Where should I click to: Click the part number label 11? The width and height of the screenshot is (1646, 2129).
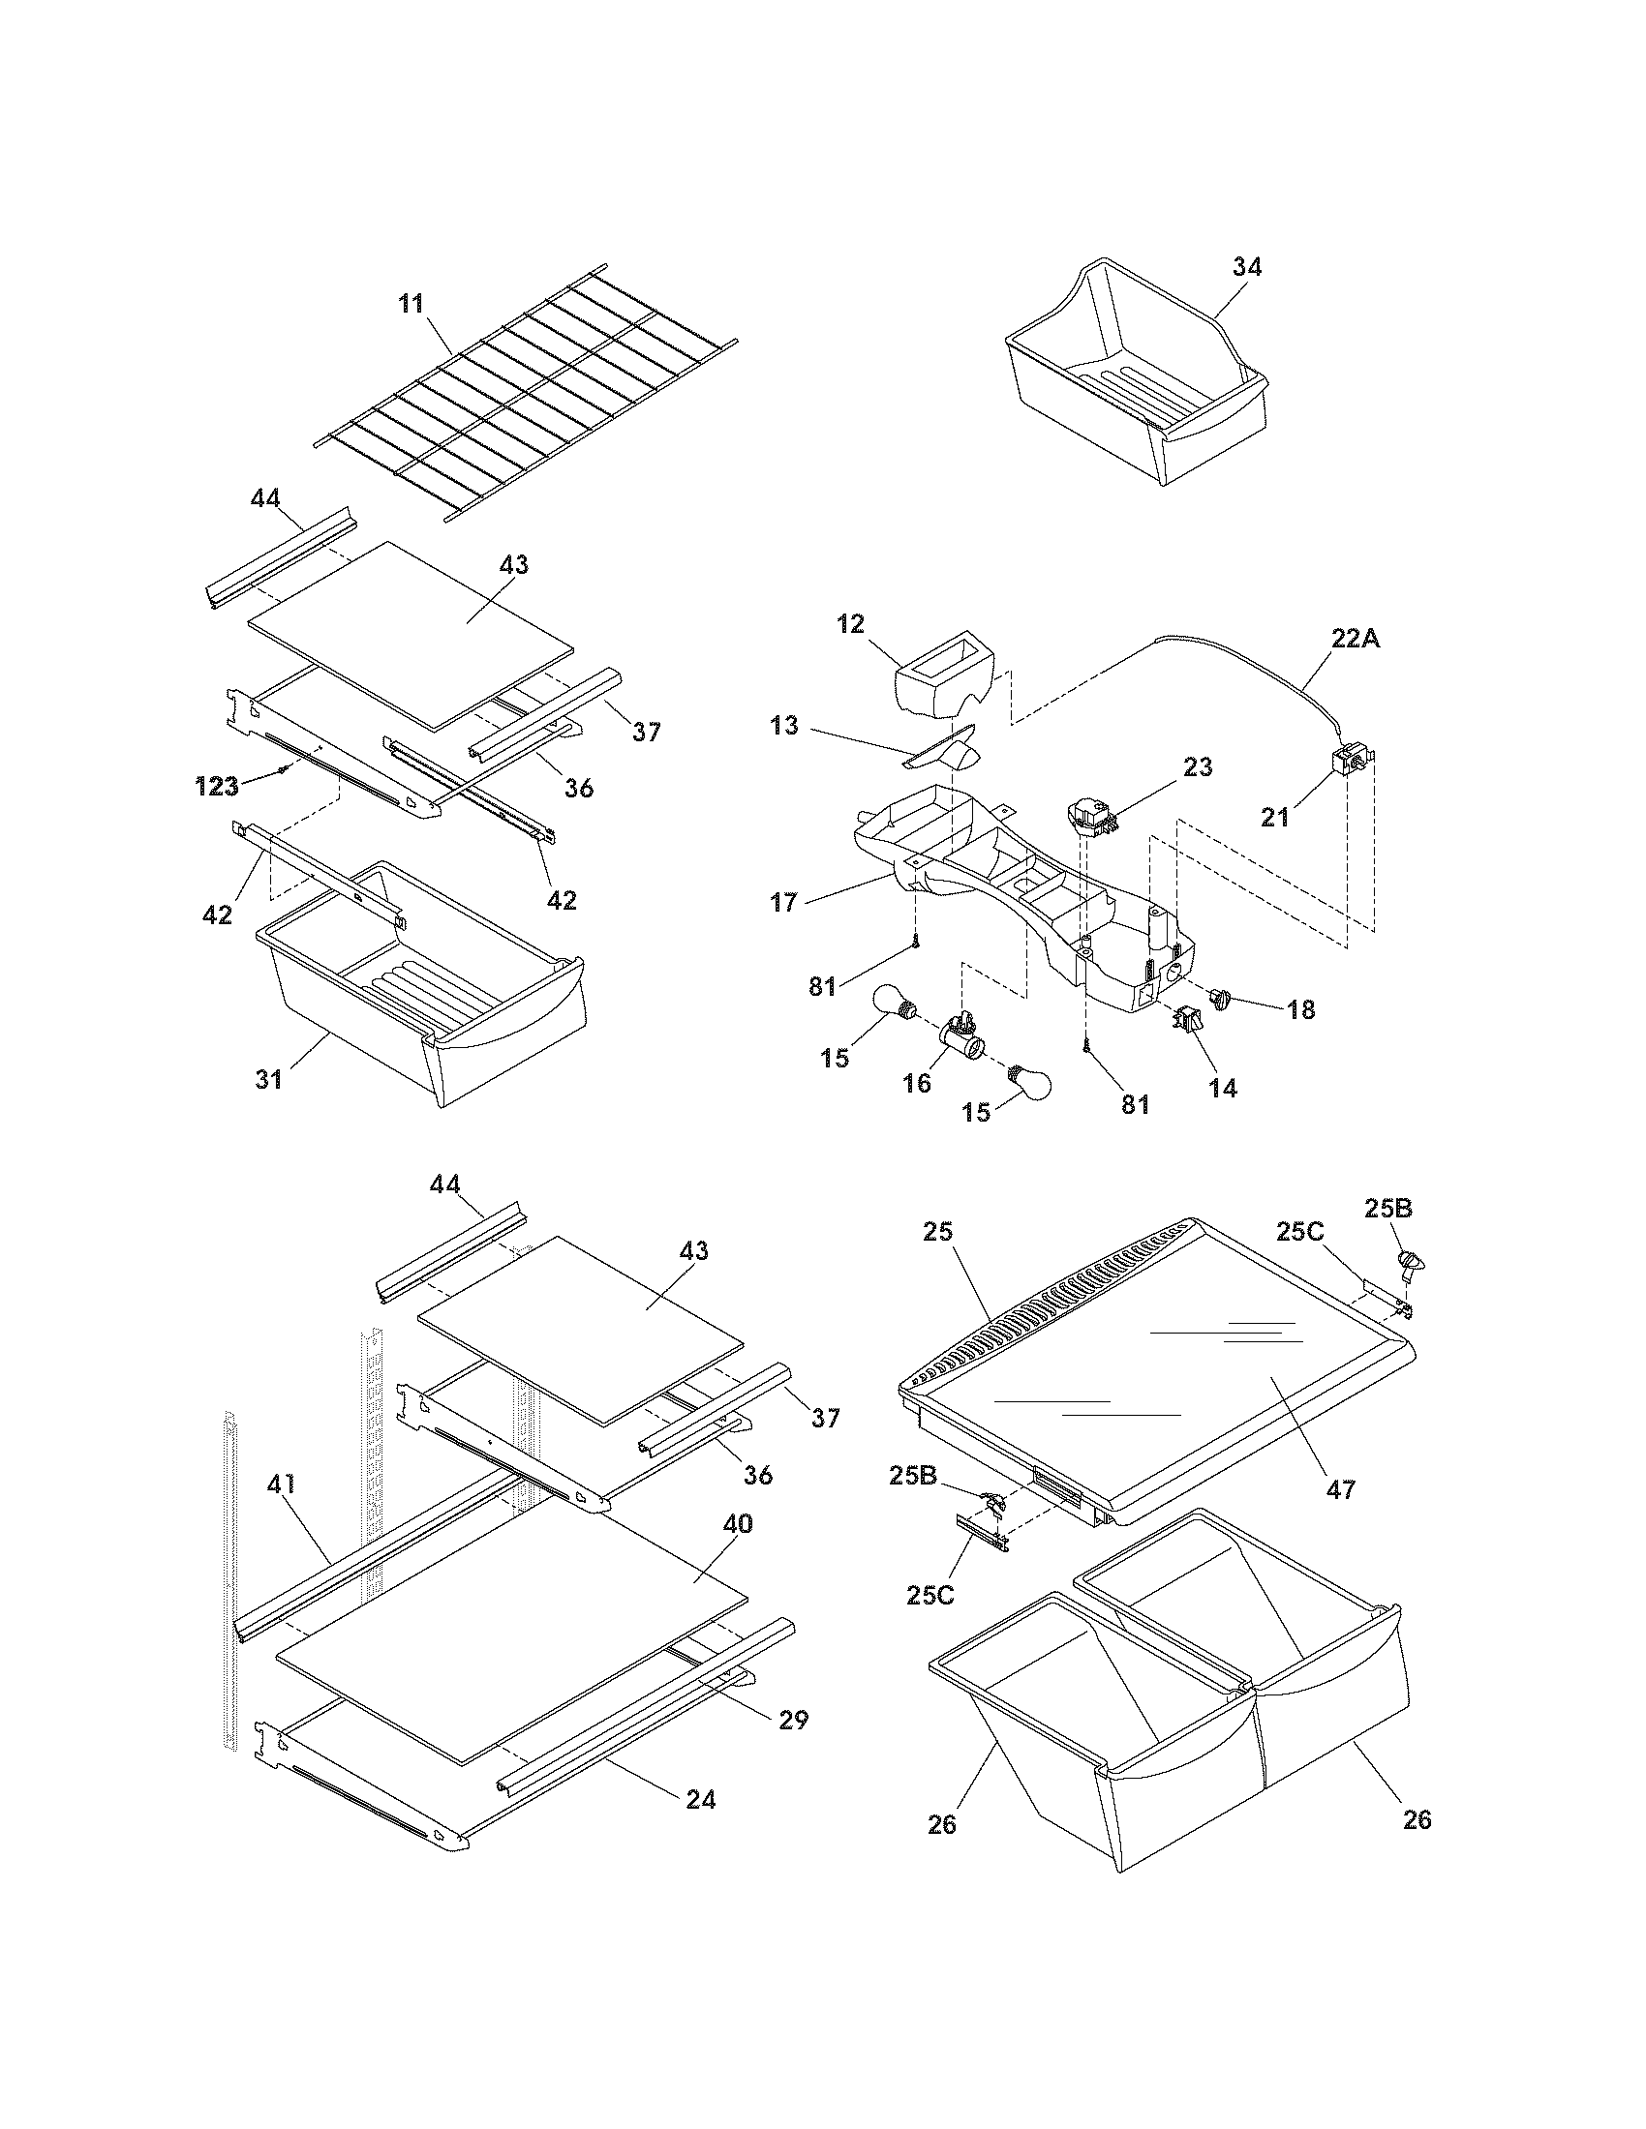[x=411, y=303]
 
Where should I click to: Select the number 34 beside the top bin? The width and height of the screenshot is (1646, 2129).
[x=1246, y=266]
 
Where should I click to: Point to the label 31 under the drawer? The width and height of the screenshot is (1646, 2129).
[x=269, y=1079]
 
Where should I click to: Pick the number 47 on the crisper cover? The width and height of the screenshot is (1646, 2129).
[x=1341, y=1488]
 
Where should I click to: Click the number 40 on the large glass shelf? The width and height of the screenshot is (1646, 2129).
[x=737, y=1522]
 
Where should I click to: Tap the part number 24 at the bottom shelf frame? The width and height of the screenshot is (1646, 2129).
[x=700, y=1800]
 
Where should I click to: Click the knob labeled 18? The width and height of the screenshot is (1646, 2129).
[x=1220, y=997]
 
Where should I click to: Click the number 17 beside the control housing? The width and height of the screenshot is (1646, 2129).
[x=783, y=902]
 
